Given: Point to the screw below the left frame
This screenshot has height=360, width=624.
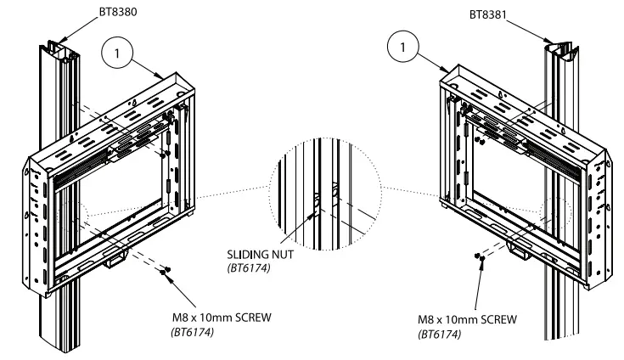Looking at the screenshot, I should (x=166, y=270).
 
